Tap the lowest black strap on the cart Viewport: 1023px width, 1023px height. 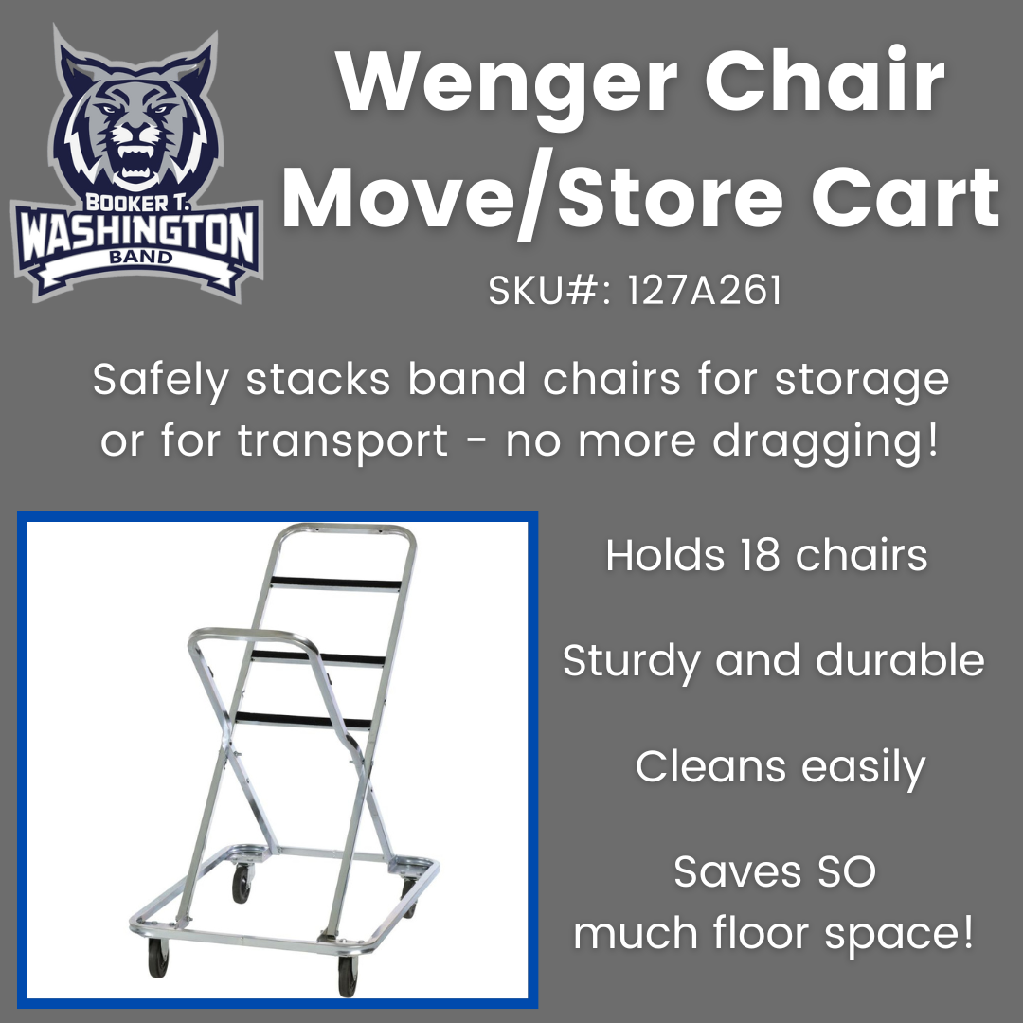point(303,719)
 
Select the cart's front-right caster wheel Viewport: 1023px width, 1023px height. point(348,976)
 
